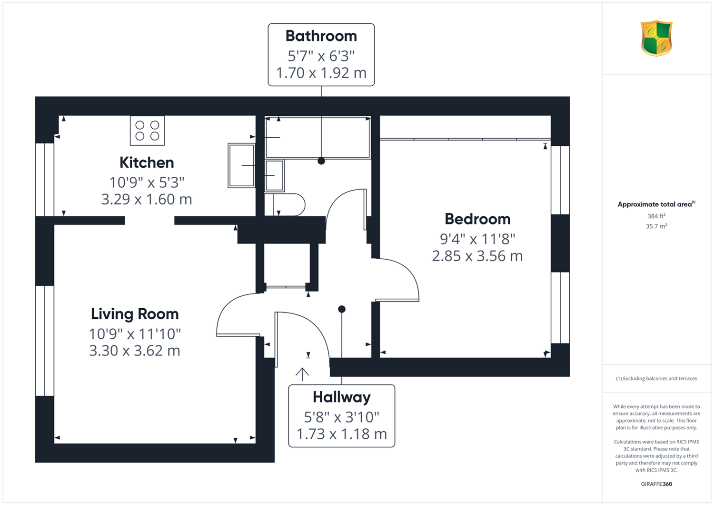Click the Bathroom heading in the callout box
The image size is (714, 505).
click(x=321, y=36)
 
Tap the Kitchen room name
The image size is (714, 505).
click(x=147, y=163)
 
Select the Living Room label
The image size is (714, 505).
click(x=135, y=314)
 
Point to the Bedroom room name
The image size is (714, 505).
click(x=477, y=219)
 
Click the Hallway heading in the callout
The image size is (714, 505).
click(x=342, y=397)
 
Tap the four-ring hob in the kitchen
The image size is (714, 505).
click(x=147, y=131)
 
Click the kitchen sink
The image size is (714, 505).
click(x=241, y=165)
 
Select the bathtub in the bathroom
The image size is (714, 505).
click(x=318, y=138)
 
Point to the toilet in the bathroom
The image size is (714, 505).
click(x=285, y=205)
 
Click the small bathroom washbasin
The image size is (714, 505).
click(x=275, y=176)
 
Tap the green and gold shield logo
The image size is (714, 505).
click(x=656, y=38)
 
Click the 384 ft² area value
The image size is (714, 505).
click(x=656, y=216)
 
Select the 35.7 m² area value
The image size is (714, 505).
click(x=656, y=226)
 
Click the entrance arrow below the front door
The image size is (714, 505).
click(x=302, y=374)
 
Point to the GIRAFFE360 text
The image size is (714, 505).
click(x=656, y=484)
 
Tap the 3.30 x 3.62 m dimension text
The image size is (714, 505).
click(x=135, y=351)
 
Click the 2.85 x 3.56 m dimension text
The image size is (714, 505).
click(x=477, y=256)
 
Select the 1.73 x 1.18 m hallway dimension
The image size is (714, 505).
click(x=342, y=434)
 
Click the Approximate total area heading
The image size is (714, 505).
click(x=656, y=204)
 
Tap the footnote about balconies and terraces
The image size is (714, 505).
click(x=656, y=379)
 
